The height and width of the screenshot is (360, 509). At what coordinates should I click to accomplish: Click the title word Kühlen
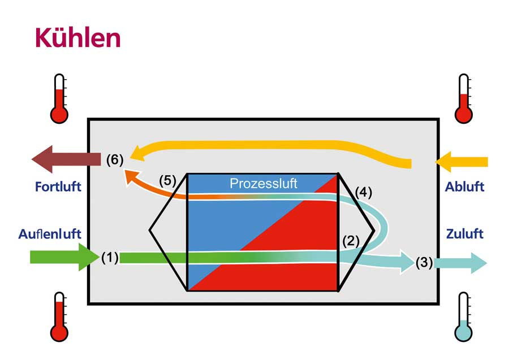pos(78,38)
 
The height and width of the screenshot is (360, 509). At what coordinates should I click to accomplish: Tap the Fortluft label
pos(58,187)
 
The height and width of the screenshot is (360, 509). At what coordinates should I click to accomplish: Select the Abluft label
pos(464,187)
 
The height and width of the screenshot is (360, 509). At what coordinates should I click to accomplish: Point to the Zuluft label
pos(465,233)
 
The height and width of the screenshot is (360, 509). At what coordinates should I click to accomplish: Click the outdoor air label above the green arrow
pos(50,234)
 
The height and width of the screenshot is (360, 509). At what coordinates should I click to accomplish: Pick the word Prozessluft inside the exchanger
pos(263,184)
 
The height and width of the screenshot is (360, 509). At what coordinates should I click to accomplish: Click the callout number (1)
pos(110,258)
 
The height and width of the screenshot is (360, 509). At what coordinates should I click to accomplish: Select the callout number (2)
pos(351,241)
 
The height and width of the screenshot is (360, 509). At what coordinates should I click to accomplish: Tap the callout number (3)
pos(424,262)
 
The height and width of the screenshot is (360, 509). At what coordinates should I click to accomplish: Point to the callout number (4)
pos(364,192)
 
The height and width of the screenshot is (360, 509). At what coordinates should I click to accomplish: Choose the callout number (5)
pos(167,181)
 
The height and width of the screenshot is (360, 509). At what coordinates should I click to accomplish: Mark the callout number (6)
pos(115,160)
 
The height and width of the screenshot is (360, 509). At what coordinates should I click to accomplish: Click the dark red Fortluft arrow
pos(66,159)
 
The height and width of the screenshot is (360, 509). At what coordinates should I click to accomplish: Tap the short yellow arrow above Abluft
pos(461,162)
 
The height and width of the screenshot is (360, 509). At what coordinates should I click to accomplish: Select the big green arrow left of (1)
pos(64,257)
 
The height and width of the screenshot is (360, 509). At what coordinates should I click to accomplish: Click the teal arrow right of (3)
pos(460,263)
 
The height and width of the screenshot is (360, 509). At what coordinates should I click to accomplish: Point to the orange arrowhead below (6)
pos(131,176)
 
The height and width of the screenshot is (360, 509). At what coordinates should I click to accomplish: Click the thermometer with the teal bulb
pos(464,317)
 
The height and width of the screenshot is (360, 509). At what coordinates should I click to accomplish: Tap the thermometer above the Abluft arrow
pos(464,98)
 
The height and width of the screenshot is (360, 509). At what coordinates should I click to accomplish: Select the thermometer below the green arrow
pos(59,317)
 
